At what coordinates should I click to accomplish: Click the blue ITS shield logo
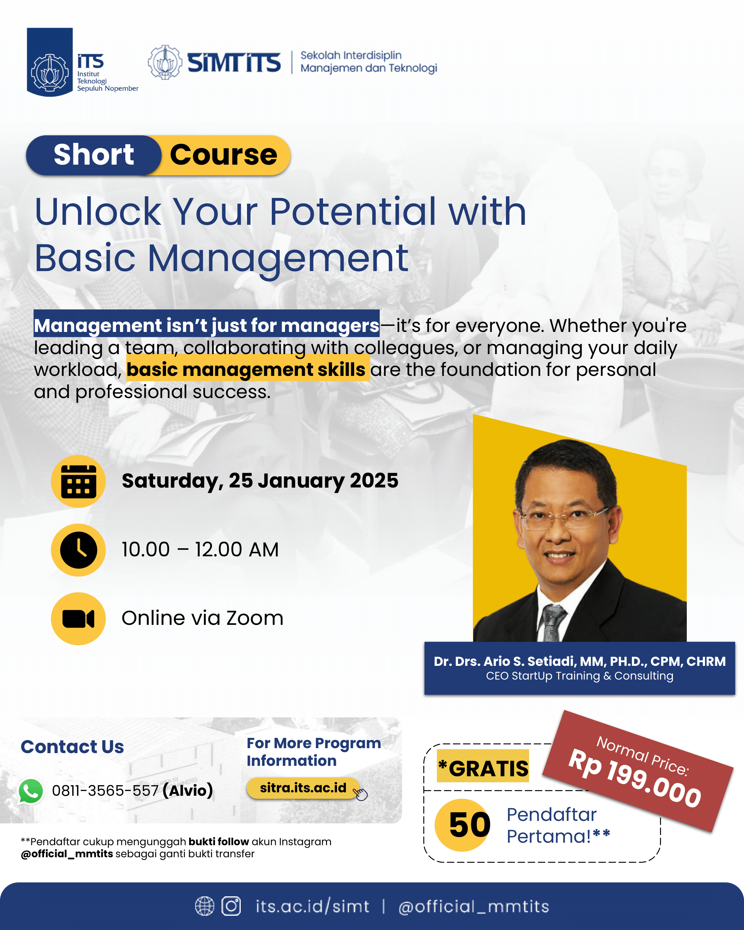click(50, 62)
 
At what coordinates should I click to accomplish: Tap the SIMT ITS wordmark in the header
click(234, 62)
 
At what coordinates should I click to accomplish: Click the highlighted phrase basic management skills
click(246, 369)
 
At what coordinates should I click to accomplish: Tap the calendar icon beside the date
click(79, 481)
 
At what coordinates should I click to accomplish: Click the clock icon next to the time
click(79, 550)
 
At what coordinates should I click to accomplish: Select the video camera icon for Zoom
click(79, 619)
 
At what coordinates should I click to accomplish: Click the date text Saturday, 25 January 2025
click(260, 480)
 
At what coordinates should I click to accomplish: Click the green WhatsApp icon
click(31, 791)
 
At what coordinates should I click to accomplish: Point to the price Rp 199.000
click(635, 778)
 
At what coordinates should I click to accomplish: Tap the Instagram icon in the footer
click(231, 906)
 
